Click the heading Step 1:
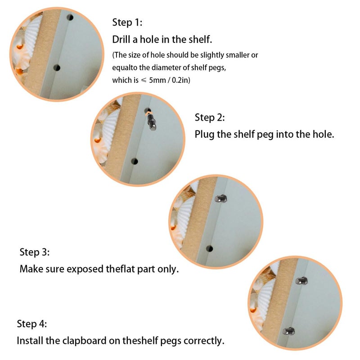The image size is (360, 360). [127, 22]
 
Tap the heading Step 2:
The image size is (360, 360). [210, 117]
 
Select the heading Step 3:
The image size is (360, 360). [35, 252]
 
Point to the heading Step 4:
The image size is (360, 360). [32, 324]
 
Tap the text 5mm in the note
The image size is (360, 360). [157, 80]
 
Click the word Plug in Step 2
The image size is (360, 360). [204, 135]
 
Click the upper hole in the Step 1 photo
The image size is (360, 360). [70, 18]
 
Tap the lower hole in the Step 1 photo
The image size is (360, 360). [57, 68]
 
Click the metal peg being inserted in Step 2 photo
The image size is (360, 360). [152, 121]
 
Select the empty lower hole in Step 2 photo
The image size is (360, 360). [135, 162]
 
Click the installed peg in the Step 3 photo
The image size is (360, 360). [221, 198]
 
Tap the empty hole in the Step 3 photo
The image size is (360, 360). [209, 248]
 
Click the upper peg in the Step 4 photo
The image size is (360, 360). [301, 280]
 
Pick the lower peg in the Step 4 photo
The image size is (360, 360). [288, 331]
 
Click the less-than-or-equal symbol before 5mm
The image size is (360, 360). [144, 80]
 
